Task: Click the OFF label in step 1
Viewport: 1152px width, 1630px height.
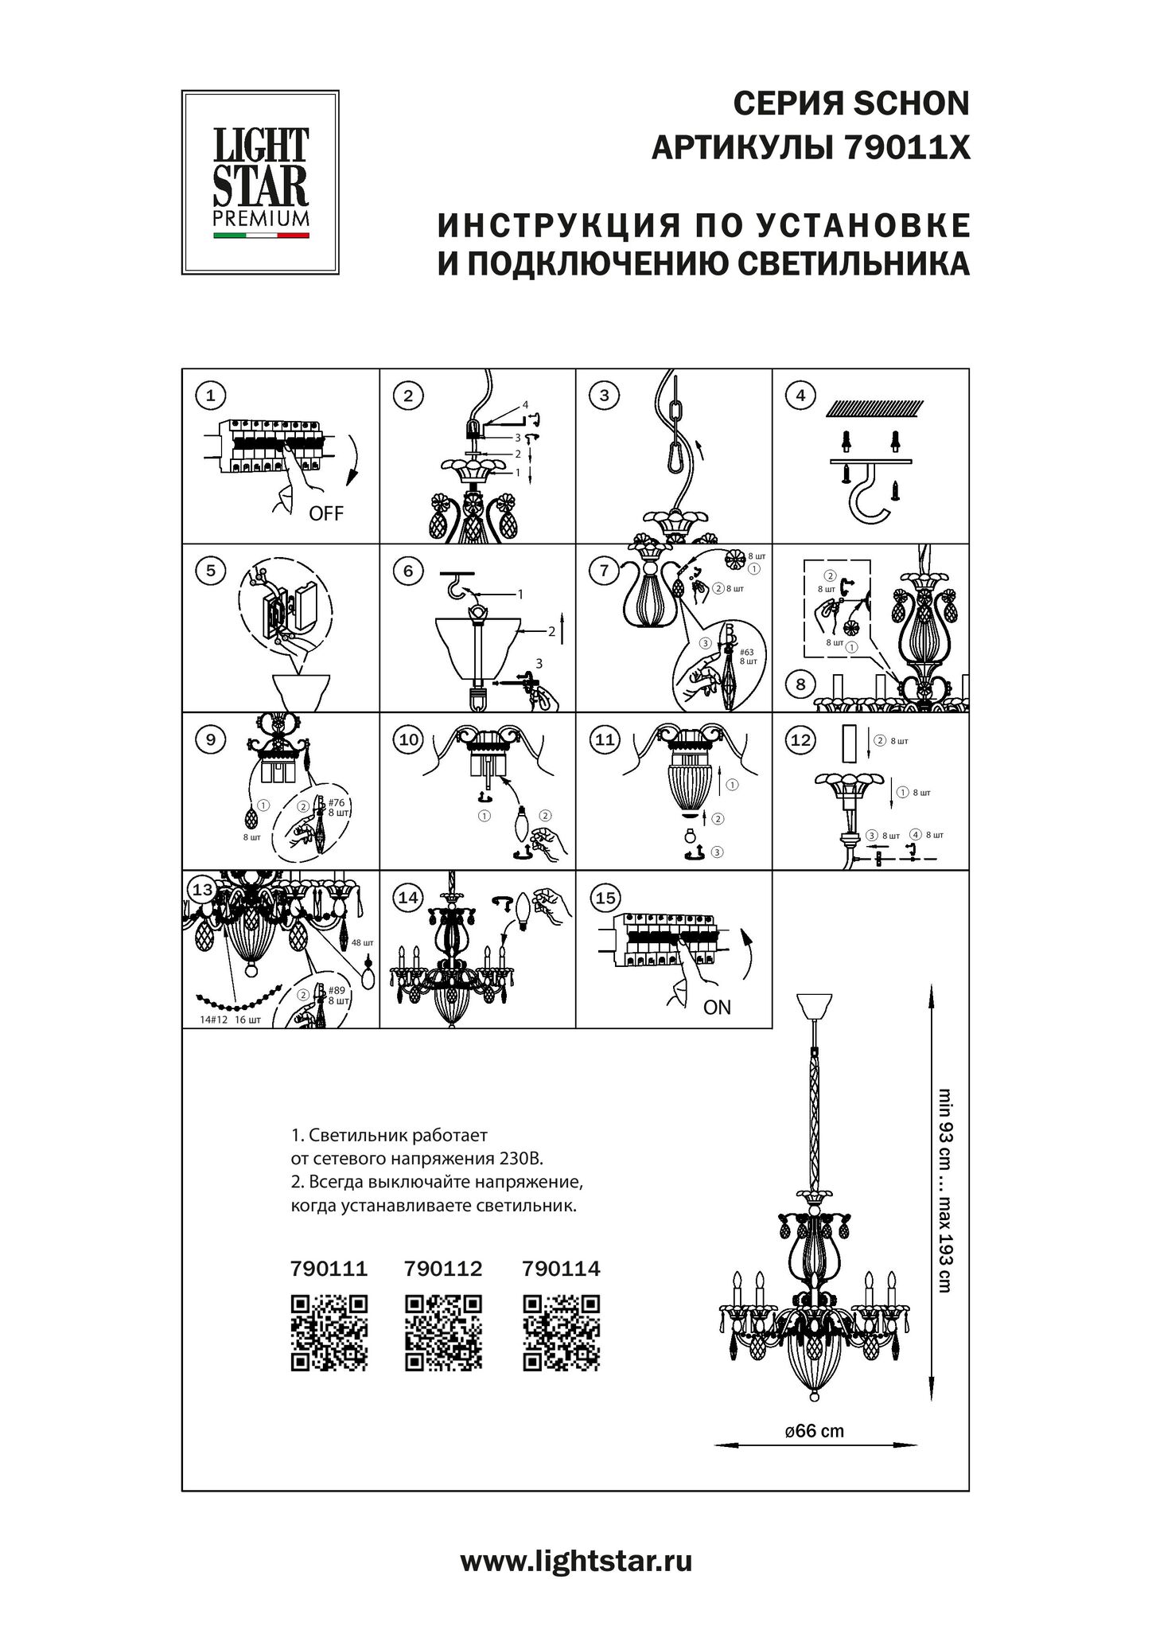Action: coord(326,513)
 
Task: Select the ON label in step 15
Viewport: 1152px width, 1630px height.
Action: coord(717,1008)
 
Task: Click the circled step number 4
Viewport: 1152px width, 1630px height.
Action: coord(800,396)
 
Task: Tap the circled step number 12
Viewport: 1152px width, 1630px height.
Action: coord(800,739)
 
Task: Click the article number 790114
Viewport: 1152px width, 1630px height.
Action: coord(562,1268)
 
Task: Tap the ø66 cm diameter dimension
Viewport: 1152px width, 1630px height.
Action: coord(814,1431)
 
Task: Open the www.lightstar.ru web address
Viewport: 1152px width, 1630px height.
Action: coord(576,1562)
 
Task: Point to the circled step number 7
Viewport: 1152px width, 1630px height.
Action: coord(605,570)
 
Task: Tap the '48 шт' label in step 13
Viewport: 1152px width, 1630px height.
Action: coord(361,942)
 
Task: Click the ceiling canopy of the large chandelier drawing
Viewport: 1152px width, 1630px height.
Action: coord(814,1007)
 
